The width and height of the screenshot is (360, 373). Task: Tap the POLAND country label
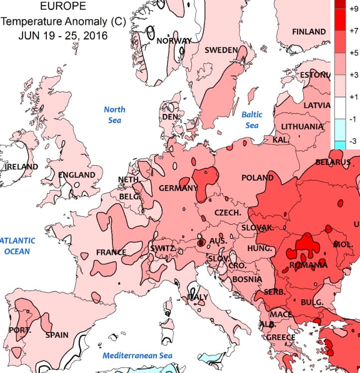tap(257, 178)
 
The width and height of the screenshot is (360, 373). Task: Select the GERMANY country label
tap(178, 188)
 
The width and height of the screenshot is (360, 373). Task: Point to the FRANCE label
tap(111, 252)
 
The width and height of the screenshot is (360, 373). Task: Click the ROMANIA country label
tap(308, 265)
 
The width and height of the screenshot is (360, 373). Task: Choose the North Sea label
tap(115, 115)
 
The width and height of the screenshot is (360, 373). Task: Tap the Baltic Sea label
tap(252, 120)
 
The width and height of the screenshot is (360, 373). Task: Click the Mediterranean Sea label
tap(137, 356)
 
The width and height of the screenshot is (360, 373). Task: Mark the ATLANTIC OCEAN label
tap(18, 246)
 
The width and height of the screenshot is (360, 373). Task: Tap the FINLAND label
tap(309, 31)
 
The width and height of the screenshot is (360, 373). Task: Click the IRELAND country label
tap(21, 166)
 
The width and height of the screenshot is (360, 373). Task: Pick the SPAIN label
tap(57, 335)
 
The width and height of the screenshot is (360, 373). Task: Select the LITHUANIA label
tap(302, 126)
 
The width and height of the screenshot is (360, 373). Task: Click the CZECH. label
tap(228, 213)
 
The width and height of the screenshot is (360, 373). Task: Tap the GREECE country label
tap(280, 337)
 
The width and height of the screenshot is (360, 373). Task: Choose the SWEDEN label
tap(221, 50)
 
